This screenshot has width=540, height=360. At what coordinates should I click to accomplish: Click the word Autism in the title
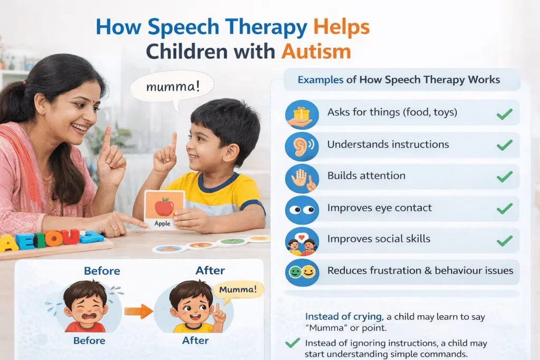[316, 52]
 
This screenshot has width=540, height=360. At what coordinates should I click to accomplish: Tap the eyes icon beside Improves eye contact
[302, 209]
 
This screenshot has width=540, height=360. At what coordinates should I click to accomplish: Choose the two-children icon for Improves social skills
[302, 241]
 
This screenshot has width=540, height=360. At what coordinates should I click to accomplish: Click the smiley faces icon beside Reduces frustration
[302, 272]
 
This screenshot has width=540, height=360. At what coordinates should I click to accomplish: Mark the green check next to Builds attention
[505, 177]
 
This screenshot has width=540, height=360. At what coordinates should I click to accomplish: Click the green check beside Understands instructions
[505, 145]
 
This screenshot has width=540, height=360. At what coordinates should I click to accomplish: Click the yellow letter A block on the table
[9, 243]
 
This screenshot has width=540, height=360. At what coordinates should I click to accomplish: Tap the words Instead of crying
[343, 317]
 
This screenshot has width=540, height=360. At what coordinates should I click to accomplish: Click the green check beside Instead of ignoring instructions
[292, 343]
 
